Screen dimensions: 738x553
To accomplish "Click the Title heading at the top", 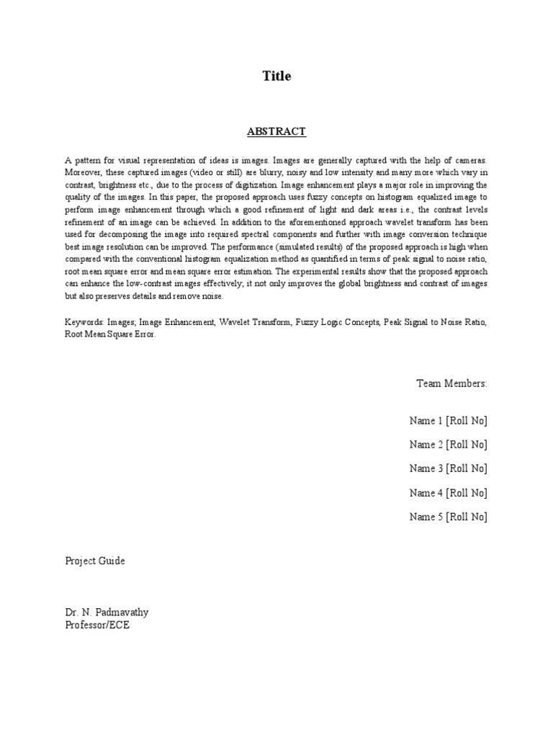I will click(x=276, y=76).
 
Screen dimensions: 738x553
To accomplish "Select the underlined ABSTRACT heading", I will click(x=276, y=132).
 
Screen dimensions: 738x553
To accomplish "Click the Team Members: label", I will click(x=451, y=383).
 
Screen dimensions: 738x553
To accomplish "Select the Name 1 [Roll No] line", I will click(x=448, y=421).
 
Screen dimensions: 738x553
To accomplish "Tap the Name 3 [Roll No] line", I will click(x=448, y=469).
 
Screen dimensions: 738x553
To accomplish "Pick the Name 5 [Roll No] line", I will click(x=448, y=517).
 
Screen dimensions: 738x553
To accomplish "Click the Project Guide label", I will click(x=95, y=561).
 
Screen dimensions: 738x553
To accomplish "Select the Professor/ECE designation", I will click(x=97, y=626).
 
